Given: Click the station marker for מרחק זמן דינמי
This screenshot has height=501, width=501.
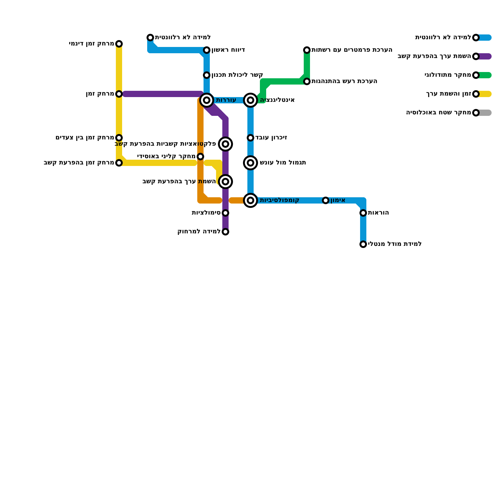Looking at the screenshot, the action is [x=119, y=44].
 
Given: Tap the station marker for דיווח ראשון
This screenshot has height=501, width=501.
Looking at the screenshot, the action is [x=207, y=50].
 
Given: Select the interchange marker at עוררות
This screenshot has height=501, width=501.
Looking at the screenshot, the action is [x=207, y=100].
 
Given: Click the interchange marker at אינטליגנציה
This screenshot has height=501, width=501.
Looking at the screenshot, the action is [x=250, y=100].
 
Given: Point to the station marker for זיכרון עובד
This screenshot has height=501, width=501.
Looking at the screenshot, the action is [x=250, y=138].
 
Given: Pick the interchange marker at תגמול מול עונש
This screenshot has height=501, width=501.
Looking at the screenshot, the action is [x=250, y=163].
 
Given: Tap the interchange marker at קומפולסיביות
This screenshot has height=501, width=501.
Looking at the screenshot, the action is [x=250, y=200].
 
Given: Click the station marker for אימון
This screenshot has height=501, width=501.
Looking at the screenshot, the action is [x=326, y=200].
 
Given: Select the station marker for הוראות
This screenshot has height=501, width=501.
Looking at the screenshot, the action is [x=363, y=213].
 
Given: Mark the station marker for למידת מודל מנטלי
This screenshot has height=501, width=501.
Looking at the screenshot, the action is [x=363, y=244].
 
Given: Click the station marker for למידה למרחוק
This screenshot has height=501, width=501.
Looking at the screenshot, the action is [x=225, y=232].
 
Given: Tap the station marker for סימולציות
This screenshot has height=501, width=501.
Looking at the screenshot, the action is [x=225, y=213].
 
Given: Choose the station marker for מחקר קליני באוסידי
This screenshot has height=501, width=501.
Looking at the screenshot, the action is [x=200, y=157].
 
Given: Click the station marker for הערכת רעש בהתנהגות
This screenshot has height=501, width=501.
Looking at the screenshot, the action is [x=307, y=81].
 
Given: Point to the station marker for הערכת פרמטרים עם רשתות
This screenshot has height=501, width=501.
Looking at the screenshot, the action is [x=307, y=50].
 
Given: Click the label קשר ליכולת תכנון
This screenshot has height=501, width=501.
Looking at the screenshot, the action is [x=237, y=75].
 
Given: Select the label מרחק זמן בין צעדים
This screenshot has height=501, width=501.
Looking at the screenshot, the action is [x=85, y=138].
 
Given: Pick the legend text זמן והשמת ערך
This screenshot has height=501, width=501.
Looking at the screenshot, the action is [x=449, y=94].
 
